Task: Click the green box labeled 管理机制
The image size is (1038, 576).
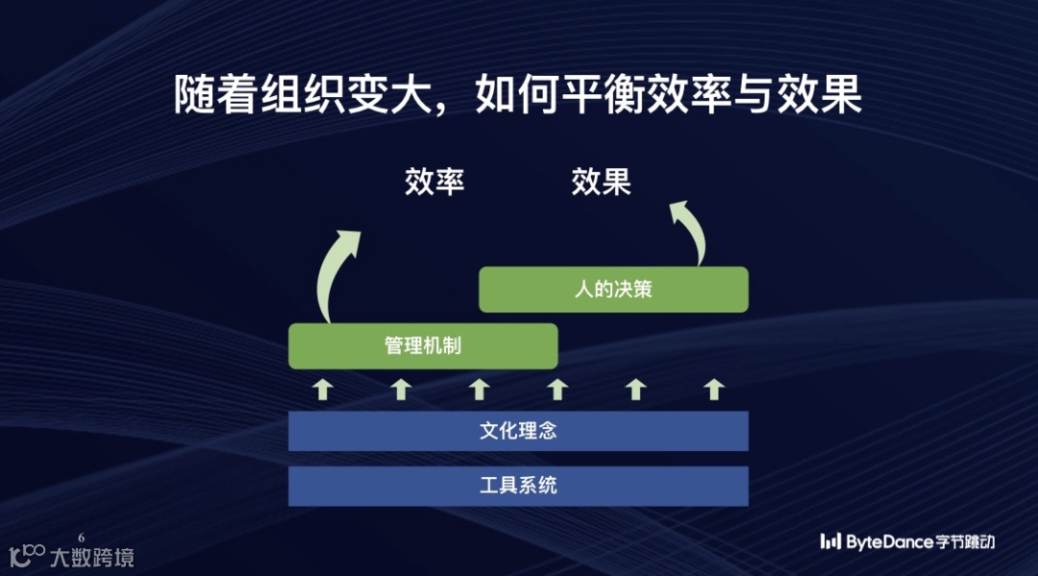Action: click(x=423, y=346)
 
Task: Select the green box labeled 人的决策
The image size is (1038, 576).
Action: click(x=613, y=288)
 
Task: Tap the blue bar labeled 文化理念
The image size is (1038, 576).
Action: click(x=518, y=431)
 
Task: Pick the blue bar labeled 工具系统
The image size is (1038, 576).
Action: click(x=518, y=486)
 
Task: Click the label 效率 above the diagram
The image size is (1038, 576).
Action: click(x=434, y=182)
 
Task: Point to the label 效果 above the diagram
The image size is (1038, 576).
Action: click(x=601, y=182)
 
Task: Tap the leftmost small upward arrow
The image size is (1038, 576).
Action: click(x=324, y=389)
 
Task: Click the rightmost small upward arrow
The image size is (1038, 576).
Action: click(x=712, y=389)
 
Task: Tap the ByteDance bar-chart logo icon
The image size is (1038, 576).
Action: click(x=830, y=542)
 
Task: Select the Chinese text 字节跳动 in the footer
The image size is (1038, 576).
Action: click(x=964, y=542)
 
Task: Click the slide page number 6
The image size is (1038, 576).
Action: click(x=81, y=537)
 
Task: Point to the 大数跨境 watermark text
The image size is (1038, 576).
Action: click(x=92, y=557)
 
